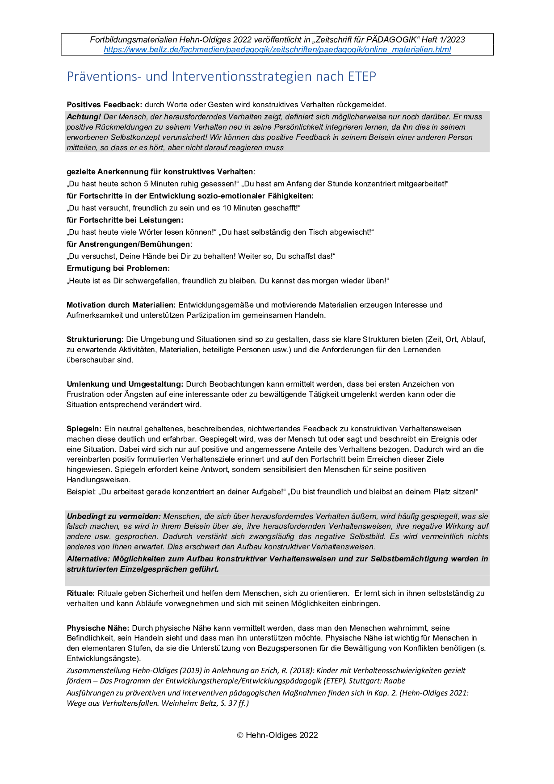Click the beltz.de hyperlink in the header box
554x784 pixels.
(x=277, y=50)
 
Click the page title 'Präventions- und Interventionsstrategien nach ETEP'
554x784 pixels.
(x=221, y=76)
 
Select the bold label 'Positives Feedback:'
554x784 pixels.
(x=104, y=105)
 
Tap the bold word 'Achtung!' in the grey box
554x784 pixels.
(x=84, y=117)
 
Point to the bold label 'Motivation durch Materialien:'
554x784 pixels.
(x=121, y=305)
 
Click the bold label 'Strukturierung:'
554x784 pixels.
(x=95, y=339)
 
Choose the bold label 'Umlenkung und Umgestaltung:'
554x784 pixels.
(x=125, y=384)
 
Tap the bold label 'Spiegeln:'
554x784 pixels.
(x=84, y=429)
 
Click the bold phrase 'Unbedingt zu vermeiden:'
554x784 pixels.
(x=113, y=516)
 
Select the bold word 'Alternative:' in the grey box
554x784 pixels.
(x=88, y=559)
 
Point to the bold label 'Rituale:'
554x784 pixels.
(x=80, y=593)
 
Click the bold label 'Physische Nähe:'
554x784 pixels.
(x=98, y=628)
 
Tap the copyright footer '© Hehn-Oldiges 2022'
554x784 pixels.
(x=277, y=735)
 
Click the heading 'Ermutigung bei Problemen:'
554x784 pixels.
(x=118, y=268)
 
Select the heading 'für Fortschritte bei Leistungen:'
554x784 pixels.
(x=125, y=220)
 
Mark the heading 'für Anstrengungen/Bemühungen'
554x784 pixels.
(x=128, y=244)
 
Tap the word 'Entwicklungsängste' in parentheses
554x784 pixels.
(x=102, y=658)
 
